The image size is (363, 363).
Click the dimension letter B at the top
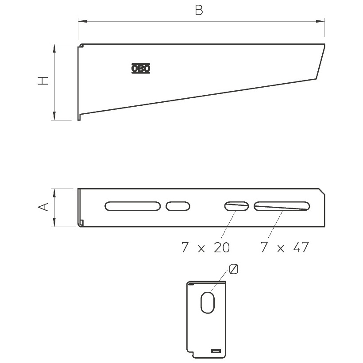click(x=199, y=11)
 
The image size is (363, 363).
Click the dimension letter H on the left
click(x=43, y=81)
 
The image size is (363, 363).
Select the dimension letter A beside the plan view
click(x=43, y=207)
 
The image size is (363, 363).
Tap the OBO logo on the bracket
click(x=141, y=68)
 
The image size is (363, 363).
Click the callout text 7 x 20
click(x=205, y=247)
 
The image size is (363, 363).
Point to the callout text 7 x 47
click(x=285, y=247)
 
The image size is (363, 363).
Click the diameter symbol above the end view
click(x=233, y=269)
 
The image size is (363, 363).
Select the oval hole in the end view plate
click(x=208, y=302)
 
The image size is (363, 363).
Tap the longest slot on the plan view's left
click(x=133, y=206)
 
